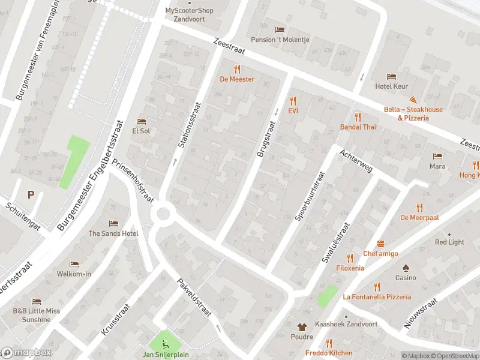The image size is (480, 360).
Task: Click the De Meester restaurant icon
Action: (237, 68)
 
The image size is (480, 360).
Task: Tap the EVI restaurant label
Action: (293, 111)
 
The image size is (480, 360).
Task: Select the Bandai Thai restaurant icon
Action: (358, 116)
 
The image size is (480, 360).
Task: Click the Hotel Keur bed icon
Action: (391, 76)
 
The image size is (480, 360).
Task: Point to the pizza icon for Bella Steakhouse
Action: (413, 100)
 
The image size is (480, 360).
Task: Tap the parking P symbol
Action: (31, 194)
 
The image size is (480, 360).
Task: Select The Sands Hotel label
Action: (113, 233)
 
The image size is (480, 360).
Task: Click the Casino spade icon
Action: (405, 268)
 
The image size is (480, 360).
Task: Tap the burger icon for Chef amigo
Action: (380, 244)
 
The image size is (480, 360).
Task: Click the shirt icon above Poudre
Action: (302, 327)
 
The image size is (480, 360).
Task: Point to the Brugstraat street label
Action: (265, 139)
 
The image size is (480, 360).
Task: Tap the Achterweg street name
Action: (356, 161)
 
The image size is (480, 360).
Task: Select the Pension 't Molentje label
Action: (279, 40)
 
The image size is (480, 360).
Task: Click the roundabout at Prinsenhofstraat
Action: (163, 214)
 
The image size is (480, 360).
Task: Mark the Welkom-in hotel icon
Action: (74, 264)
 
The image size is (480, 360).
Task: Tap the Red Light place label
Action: (449, 242)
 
